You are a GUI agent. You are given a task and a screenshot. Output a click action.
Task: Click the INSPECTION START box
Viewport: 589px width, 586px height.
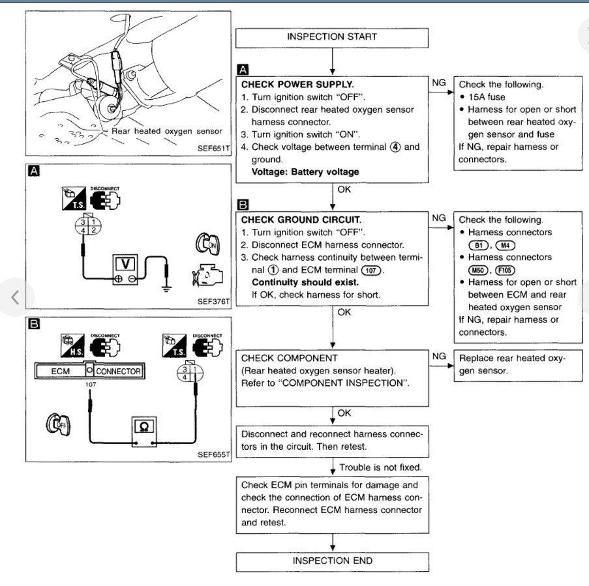332,37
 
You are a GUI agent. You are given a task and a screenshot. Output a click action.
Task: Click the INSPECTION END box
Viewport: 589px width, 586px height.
332,561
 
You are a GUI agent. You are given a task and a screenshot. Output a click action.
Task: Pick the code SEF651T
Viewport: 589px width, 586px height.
213,148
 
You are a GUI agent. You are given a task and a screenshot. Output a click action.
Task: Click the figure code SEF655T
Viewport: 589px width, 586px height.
213,454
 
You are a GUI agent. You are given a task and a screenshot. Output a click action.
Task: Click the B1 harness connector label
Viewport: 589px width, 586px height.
479,245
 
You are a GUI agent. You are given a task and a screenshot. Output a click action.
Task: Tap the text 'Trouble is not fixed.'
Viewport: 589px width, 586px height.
380,467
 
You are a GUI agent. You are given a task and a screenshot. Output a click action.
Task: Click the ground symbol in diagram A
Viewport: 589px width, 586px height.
168,287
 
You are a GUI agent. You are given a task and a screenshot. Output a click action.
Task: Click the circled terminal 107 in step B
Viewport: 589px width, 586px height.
369,269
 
